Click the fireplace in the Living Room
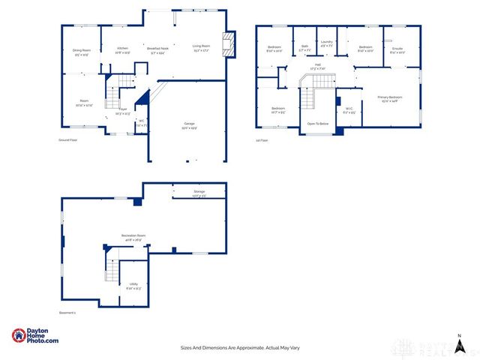click(x=231, y=44)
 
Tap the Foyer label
click(x=123, y=110)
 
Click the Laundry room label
click(x=326, y=43)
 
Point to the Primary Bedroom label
click(x=390, y=98)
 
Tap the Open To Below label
click(x=319, y=124)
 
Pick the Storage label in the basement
click(x=199, y=193)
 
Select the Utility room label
click(x=133, y=285)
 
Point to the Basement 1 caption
click(x=68, y=313)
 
